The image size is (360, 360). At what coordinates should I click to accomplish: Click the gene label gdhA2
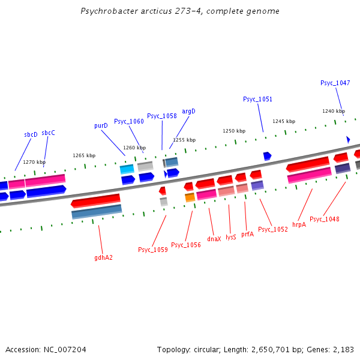click(x=103, y=257)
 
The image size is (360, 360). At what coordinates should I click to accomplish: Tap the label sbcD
click(x=31, y=134)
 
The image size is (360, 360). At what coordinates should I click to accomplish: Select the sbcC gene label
click(x=48, y=133)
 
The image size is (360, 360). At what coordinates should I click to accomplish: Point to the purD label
click(x=101, y=126)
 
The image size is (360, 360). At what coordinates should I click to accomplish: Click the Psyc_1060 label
click(x=129, y=121)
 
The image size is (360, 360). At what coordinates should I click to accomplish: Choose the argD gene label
click(x=189, y=111)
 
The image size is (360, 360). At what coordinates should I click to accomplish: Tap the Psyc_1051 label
click(x=257, y=99)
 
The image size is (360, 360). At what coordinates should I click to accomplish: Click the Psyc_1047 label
click(x=335, y=83)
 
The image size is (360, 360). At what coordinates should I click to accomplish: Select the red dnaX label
click(x=214, y=238)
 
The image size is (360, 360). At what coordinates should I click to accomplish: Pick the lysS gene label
click(x=231, y=237)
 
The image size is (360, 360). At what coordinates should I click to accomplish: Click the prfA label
click(x=247, y=234)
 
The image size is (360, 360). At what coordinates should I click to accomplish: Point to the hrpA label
click(x=299, y=224)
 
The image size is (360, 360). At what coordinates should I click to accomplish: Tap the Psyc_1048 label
click(x=325, y=219)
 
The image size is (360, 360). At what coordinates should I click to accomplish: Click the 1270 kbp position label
click(x=34, y=162)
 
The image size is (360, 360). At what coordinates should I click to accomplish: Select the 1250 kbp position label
click(x=234, y=131)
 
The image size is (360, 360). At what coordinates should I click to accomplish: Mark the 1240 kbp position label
click(x=334, y=111)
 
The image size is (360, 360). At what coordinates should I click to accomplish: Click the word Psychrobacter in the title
click(x=107, y=11)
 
